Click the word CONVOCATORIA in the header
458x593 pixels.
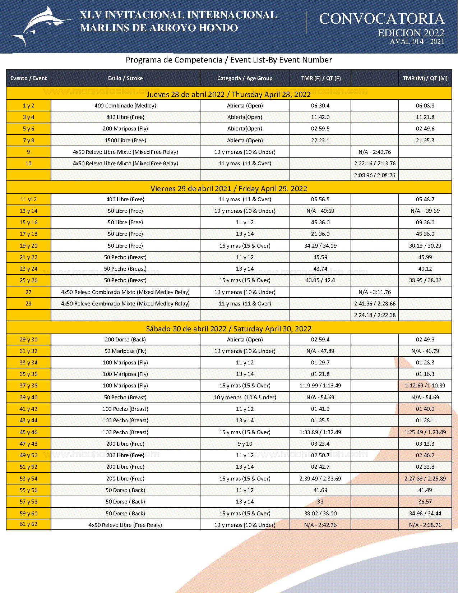(381, 19)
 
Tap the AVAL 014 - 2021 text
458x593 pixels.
(417, 42)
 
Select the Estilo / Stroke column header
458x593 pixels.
(125, 78)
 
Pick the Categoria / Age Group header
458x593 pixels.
(245, 78)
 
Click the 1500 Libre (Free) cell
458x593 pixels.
(125, 141)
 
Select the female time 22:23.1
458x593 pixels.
(320, 141)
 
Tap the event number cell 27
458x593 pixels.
(28, 292)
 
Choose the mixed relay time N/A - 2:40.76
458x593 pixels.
(375, 152)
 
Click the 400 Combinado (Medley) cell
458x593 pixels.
(125, 106)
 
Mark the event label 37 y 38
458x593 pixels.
(28, 386)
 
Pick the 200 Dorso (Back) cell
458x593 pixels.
(125, 340)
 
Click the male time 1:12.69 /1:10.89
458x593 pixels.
(425, 386)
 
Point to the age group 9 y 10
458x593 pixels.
(245, 444)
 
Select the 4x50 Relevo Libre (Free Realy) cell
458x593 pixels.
(125, 525)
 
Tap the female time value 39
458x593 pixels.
(320, 502)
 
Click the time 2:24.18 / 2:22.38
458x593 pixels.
(375, 315)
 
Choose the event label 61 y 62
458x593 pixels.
(28, 524)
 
